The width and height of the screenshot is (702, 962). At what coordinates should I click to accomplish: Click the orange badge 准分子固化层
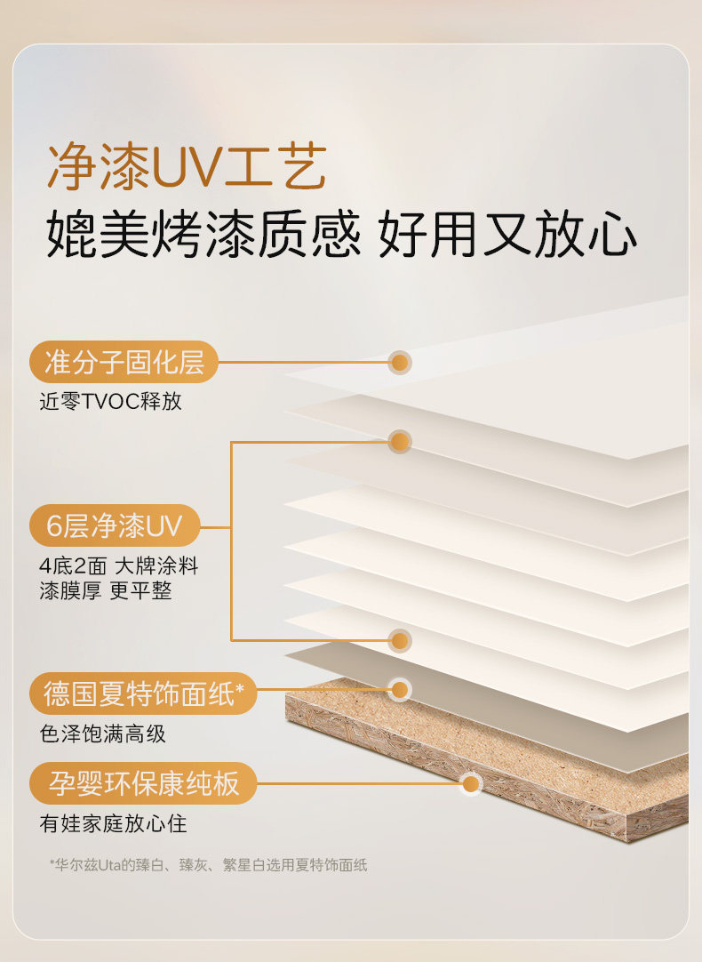pyautogui.click(x=124, y=362)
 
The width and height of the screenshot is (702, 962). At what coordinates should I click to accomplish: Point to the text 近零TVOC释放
pyautogui.click(x=110, y=401)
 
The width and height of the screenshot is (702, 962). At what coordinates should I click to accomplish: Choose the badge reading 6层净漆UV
pyautogui.click(x=114, y=525)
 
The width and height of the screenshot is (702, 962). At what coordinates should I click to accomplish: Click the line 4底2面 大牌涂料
pyautogui.click(x=118, y=565)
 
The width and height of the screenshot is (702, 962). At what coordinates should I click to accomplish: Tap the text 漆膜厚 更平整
pyautogui.click(x=106, y=591)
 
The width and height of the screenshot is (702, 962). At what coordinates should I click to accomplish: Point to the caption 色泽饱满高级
pyautogui.click(x=102, y=734)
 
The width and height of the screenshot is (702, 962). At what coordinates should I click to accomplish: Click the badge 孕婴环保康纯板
pyautogui.click(x=143, y=783)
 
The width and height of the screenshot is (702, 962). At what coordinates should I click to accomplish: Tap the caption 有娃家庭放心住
pyautogui.click(x=113, y=823)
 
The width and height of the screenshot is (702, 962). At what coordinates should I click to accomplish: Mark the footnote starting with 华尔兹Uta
pyautogui.click(x=208, y=864)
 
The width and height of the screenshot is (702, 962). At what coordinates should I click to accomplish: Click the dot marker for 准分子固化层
pyautogui.click(x=400, y=362)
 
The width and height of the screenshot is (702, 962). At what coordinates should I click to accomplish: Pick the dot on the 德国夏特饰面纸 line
pyautogui.click(x=400, y=689)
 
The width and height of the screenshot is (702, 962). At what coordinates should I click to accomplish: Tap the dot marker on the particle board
pyautogui.click(x=471, y=783)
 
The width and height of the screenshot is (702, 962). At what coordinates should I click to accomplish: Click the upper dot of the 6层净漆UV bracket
pyautogui.click(x=400, y=441)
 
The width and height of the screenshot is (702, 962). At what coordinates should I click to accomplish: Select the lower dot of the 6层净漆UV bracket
pyautogui.click(x=400, y=639)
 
